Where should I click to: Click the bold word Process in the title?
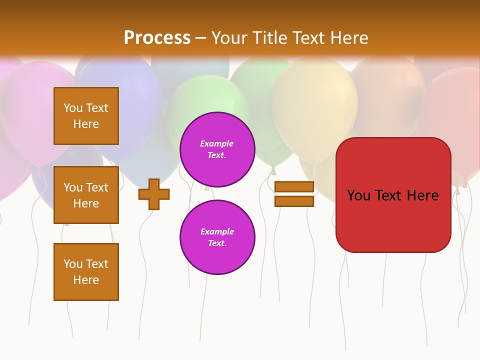[157, 38]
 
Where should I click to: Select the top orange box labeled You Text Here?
[86, 116]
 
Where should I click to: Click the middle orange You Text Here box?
[86, 195]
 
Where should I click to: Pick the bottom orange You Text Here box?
[86, 271]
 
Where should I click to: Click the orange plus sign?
[154, 194]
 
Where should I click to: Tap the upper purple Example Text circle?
[217, 149]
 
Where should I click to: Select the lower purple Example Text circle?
[217, 237]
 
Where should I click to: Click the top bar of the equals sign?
[294, 186]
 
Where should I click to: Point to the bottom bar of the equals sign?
[294, 201]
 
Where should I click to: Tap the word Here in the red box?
[422, 195]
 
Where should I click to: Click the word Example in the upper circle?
[217, 143]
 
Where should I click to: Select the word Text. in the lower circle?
[217, 243]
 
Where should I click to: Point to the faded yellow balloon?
[315, 100]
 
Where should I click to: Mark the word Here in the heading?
[347, 38]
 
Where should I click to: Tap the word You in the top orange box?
[73, 108]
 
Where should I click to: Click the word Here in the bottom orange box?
[86, 280]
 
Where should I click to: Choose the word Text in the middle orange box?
[97, 187]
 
